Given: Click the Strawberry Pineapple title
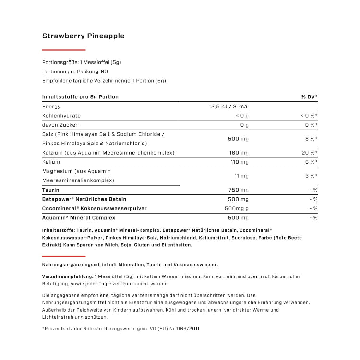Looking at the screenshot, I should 84,36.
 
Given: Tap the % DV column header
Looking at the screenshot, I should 309,97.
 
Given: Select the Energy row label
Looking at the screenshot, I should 51,107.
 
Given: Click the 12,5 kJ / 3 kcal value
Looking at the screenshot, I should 228,107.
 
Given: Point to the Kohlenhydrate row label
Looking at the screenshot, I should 61,116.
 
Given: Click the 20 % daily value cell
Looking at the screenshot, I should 309,153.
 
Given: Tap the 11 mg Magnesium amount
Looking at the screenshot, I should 241,176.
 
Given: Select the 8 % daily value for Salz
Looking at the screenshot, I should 311,139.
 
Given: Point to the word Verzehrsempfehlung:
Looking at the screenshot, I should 68,276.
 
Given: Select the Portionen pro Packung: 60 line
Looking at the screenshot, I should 75,71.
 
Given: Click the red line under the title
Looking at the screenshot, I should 64,50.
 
